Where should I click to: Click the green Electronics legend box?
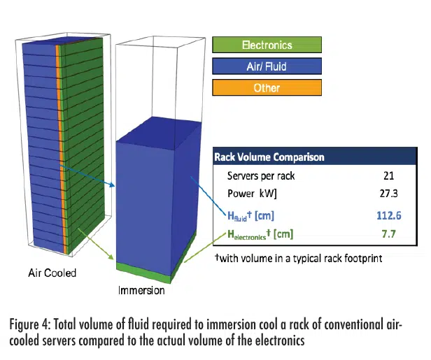[x=267, y=45]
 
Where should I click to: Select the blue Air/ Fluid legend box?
[x=267, y=66]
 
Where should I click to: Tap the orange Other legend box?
[x=267, y=87]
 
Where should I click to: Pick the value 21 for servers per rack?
[x=389, y=175]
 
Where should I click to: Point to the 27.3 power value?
[x=389, y=194]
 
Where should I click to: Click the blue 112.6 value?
[x=389, y=215]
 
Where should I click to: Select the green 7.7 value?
[x=389, y=234]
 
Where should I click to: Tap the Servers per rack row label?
[x=261, y=175]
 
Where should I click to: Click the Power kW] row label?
[x=252, y=194]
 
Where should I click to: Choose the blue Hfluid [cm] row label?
[x=250, y=216]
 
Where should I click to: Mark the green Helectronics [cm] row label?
[x=260, y=234]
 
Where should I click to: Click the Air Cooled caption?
[x=52, y=273]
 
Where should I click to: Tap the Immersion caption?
[x=141, y=290]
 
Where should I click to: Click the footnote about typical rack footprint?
[x=299, y=259]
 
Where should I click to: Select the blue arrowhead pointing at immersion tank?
[x=112, y=185]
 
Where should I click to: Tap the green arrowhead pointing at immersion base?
[x=111, y=257]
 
